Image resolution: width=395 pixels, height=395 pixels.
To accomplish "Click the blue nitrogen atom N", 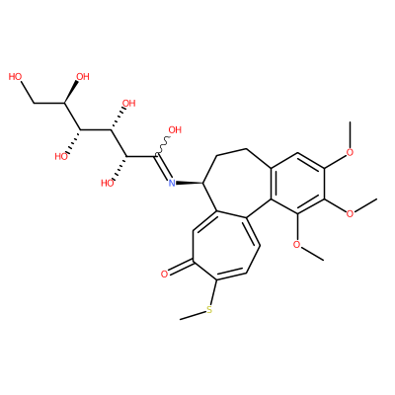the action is pos(172,183).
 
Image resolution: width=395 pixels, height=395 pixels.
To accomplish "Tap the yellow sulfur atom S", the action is pos(209,309).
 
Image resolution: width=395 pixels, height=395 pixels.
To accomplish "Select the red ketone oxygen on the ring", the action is pos(165,275).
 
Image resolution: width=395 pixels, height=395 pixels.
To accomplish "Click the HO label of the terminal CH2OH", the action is pos(16,77).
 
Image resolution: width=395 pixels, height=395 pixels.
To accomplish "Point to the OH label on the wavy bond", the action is pos(175,130).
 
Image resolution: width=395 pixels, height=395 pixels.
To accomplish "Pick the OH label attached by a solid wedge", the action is pos(83,77).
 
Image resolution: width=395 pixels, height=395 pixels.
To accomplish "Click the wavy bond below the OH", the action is pos(162,145).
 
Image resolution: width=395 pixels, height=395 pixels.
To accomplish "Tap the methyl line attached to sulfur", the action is pos(193,315).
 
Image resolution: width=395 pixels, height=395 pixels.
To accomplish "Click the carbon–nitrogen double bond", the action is pos(163,167).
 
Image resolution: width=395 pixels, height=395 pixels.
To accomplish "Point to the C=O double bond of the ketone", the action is pos(180,268).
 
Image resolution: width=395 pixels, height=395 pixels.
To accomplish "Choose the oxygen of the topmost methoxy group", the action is pos(350,152).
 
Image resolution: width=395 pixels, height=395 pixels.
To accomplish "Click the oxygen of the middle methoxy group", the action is pos(350,213).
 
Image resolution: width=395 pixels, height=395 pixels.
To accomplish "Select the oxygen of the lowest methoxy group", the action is pos(297,244).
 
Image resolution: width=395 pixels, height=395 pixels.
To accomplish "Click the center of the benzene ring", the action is pos(297,184).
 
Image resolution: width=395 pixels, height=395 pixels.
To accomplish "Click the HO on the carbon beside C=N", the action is pos(108,183).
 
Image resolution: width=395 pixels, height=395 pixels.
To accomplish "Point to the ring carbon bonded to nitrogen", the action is pos(204,183).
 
